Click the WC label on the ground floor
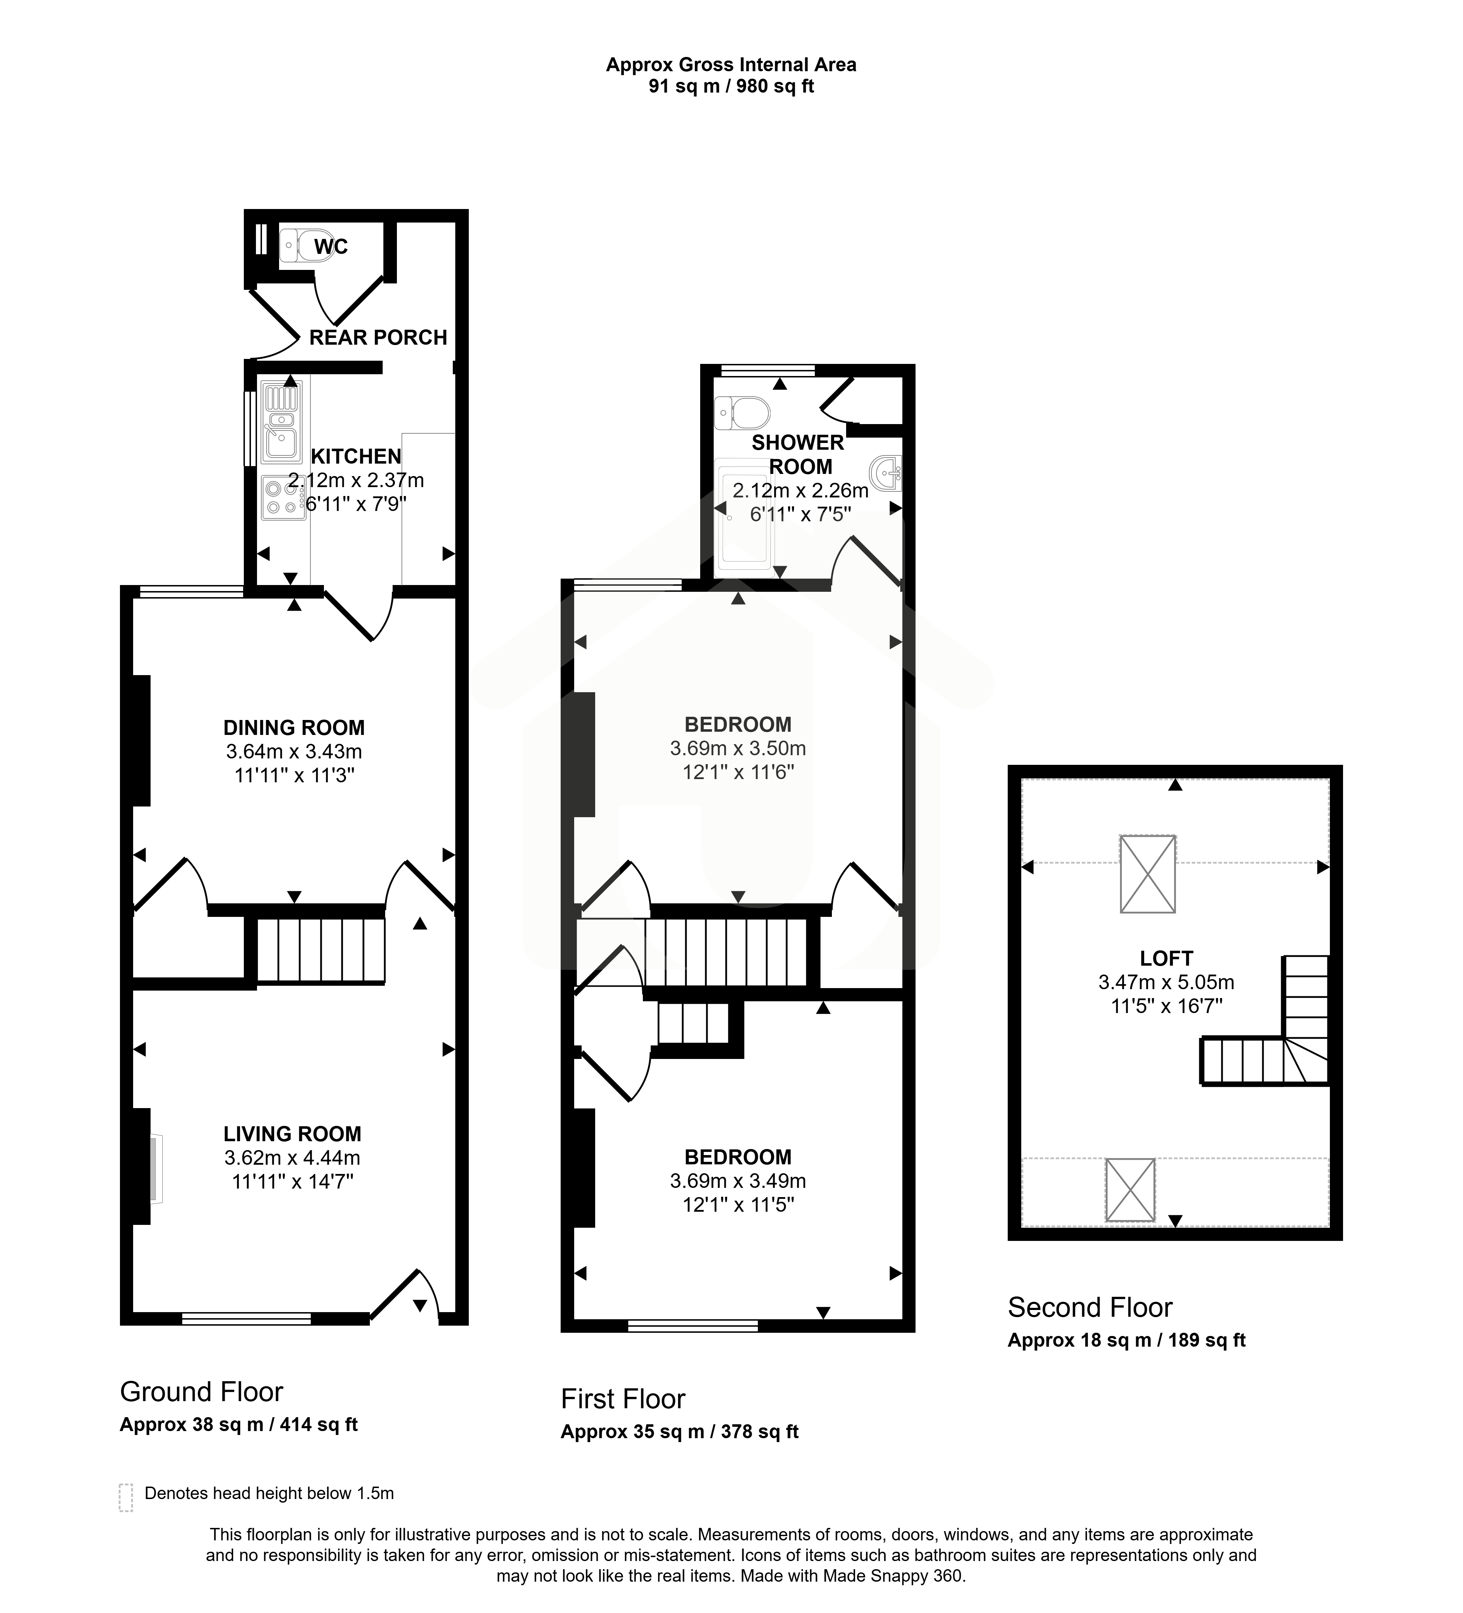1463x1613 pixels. [330, 246]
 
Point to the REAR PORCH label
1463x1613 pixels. [378, 338]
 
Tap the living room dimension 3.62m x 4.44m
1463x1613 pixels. [293, 1158]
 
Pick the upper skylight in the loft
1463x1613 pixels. [1148, 874]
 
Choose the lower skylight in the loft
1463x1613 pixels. [1130, 1190]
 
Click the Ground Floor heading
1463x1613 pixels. [201, 1392]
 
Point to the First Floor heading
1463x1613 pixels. [623, 1399]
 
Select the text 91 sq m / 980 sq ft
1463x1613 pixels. [731, 87]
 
